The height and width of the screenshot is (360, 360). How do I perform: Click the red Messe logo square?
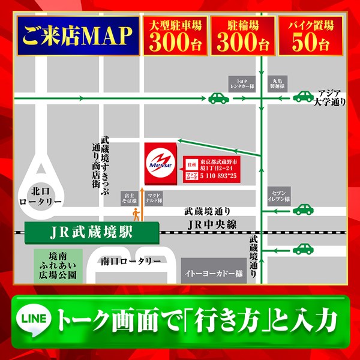pos(160,163)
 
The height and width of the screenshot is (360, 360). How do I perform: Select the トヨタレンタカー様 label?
pos(242,82)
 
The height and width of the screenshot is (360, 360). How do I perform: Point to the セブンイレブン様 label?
pos(280,193)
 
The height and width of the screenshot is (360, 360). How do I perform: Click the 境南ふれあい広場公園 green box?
pos(55,266)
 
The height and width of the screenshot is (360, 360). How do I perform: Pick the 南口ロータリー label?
pos(131,261)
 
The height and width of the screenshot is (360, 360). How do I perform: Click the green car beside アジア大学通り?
pos(303,96)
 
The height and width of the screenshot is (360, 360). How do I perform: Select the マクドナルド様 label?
pos(153,197)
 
